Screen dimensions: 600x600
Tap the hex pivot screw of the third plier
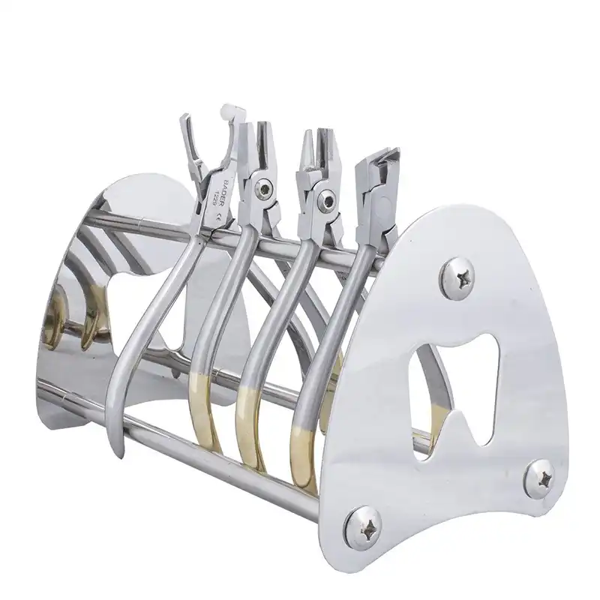point(326,199)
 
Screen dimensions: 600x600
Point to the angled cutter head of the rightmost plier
point(379,161)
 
